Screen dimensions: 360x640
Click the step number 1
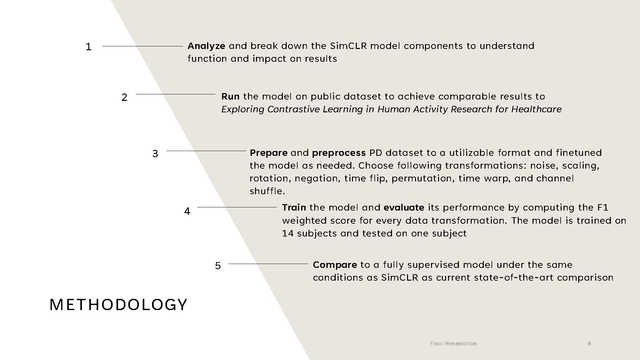pyautogui.click(x=89, y=47)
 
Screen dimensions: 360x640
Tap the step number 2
pyautogui.click(x=124, y=97)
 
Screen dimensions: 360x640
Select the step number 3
pyautogui.click(x=155, y=154)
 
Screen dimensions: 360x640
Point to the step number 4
pyautogui.click(x=187, y=211)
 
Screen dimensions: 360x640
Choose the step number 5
pyautogui.click(x=218, y=266)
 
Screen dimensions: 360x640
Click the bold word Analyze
pyautogui.click(x=206, y=46)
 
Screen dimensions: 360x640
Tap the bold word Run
pyautogui.click(x=230, y=97)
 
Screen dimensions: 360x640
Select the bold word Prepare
pyautogui.click(x=268, y=153)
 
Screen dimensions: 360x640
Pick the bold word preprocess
pyautogui.click(x=339, y=153)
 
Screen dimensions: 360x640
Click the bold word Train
pyautogui.click(x=294, y=208)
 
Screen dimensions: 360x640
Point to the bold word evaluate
pyautogui.click(x=404, y=208)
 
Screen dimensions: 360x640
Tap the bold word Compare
pyautogui.click(x=335, y=265)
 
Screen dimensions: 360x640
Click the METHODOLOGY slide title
pyautogui.click(x=118, y=305)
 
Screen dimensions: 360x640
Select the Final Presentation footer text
pyautogui.click(x=453, y=344)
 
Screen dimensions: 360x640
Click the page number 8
pyautogui.click(x=589, y=344)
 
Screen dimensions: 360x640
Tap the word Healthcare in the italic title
pyautogui.click(x=536, y=109)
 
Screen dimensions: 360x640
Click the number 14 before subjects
pyautogui.click(x=288, y=234)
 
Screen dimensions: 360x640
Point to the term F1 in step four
pyautogui.click(x=603, y=208)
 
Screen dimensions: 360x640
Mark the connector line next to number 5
pyautogui.click(x=268, y=264)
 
